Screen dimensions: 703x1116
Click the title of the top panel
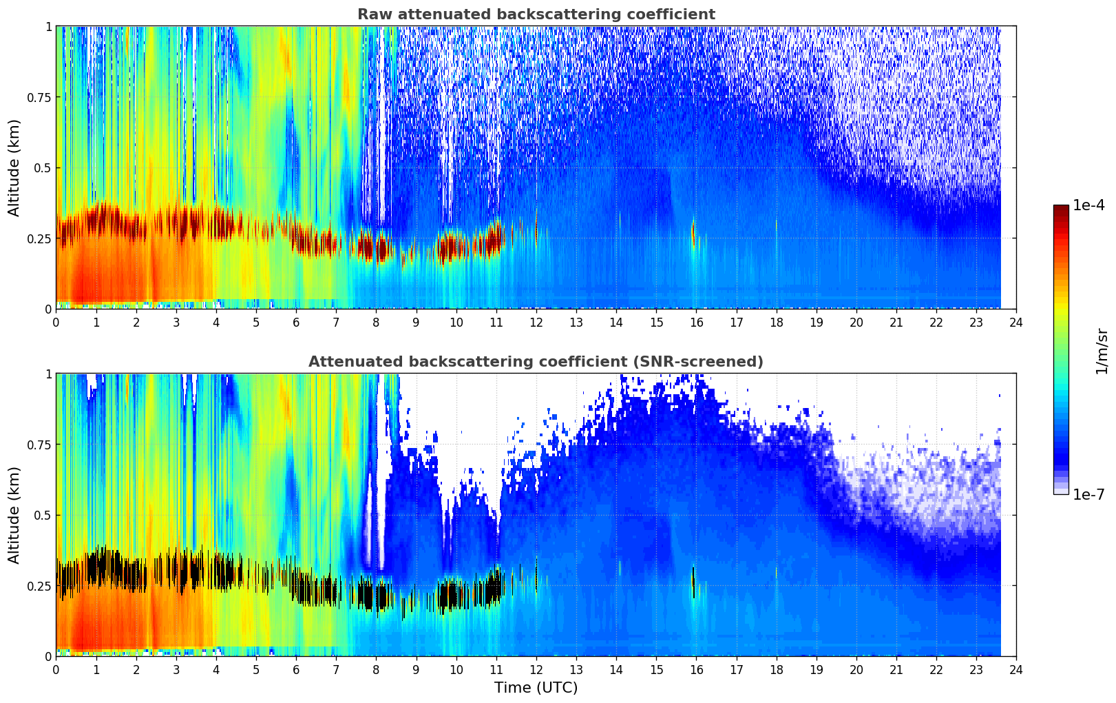tap(536, 14)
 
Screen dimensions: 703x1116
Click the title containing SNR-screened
tap(536, 362)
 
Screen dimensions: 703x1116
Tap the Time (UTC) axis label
tap(536, 688)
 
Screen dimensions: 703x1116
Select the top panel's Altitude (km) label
tap(14, 167)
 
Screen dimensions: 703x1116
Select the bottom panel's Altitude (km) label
tap(14, 515)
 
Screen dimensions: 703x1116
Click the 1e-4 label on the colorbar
tap(1088, 205)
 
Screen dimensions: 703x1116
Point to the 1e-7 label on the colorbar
tap(1088, 494)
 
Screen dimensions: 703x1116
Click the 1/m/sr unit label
tap(1102, 351)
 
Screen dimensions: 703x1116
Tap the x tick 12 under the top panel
tap(536, 322)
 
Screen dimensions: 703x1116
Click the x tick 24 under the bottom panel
tap(1015, 669)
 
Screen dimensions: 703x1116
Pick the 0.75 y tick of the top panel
tap(39, 97)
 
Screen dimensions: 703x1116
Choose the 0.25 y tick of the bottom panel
tap(39, 586)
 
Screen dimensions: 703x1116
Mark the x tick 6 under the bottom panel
tap(296, 669)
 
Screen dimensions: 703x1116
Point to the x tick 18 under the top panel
tap(776, 322)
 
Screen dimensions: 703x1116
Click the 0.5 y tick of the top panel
tap(43, 167)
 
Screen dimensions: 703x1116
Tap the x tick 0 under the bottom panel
tap(56, 669)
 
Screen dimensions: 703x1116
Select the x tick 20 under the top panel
tap(856, 322)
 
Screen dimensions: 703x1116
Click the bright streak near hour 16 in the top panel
tap(693, 231)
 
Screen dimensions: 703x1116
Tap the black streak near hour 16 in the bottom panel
tap(693, 576)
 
